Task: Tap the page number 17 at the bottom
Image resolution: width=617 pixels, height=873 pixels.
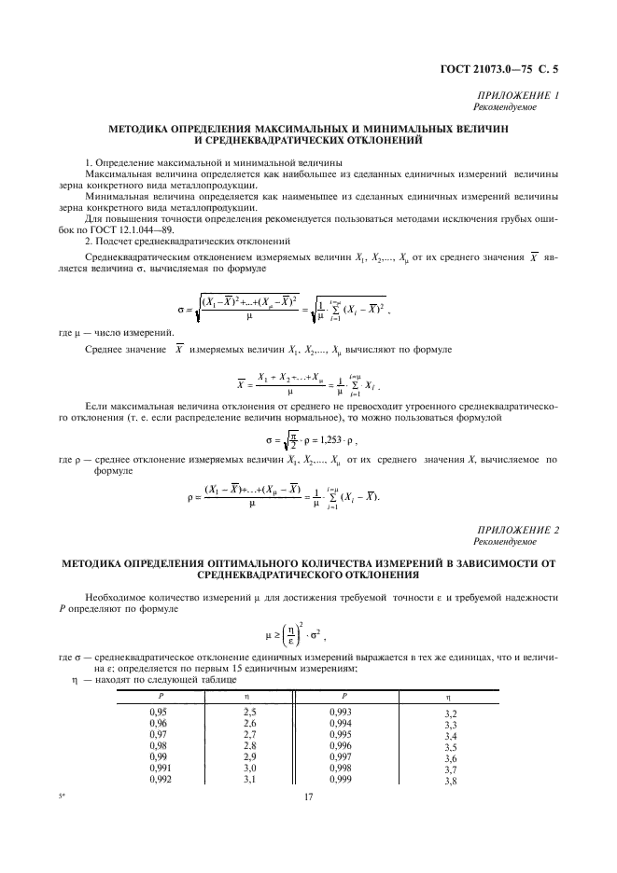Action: pos(309,796)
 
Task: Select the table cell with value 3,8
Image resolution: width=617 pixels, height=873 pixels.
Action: pos(452,781)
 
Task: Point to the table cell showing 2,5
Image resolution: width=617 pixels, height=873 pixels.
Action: pos(250,711)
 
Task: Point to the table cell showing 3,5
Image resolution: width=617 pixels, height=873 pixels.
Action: pos(452,747)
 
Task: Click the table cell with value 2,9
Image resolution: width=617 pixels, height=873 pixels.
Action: pos(250,755)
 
